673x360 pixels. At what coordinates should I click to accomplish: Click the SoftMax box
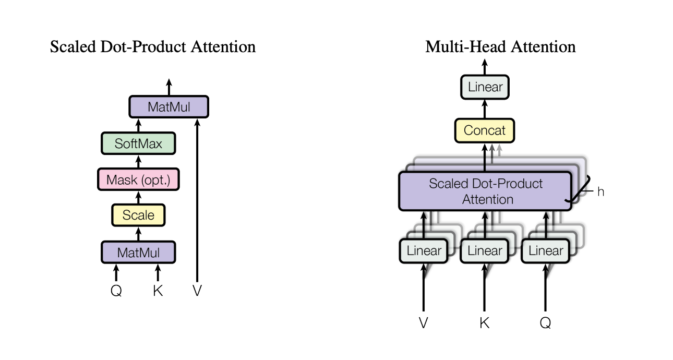point(138,143)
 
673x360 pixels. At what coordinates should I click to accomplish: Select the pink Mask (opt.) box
point(138,179)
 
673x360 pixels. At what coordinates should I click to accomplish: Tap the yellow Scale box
point(138,215)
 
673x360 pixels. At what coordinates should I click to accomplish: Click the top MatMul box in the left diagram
point(169,106)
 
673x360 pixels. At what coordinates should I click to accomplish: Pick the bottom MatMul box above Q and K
point(138,253)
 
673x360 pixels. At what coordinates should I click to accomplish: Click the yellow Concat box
point(485,130)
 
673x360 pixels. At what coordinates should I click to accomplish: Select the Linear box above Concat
point(485,87)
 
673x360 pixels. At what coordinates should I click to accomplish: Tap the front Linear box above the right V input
point(424,251)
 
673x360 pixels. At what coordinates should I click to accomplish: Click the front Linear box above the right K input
point(485,251)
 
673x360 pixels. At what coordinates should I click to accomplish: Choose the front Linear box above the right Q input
point(546,251)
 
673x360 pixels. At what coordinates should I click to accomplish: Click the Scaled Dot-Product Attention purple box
point(485,191)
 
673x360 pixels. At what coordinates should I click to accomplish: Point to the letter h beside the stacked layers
point(600,191)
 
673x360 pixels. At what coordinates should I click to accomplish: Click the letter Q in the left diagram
point(116,291)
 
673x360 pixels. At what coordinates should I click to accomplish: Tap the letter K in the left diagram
point(158,291)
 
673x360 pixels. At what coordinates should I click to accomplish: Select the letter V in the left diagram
point(197,291)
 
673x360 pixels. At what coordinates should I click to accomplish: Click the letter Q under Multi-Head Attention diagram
point(546,323)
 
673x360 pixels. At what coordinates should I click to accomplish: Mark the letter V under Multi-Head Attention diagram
point(423,323)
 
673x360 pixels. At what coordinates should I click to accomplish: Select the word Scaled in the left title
point(73,47)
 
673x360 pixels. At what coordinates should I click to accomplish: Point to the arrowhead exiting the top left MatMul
point(169,82)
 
